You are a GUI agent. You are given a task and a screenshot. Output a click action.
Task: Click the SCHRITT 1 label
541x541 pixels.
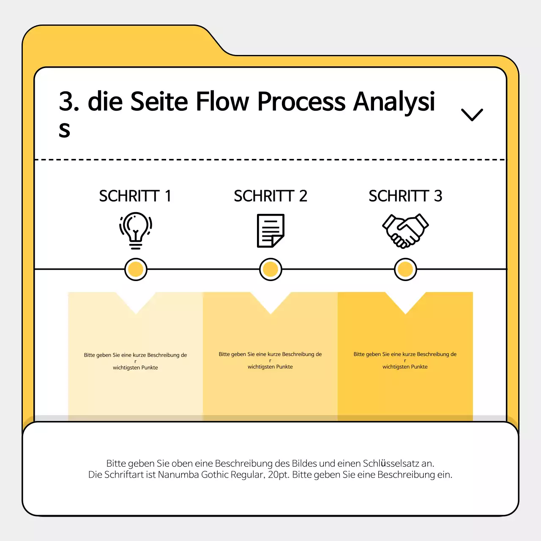(x=135, y=196)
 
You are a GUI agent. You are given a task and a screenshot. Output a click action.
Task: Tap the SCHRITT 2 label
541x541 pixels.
(x=270, y=196)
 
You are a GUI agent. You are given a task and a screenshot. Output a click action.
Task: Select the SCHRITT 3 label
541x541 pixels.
(x=405, y=196)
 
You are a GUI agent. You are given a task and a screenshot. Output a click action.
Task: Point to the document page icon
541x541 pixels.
(x=270, y=230)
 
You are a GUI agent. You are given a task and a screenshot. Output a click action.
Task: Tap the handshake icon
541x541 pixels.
(x=405, y=230)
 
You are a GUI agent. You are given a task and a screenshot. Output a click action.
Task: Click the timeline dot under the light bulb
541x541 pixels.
(x=136, y=269)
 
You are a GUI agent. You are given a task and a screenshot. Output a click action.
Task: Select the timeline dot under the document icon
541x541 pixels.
(x=270, y=269)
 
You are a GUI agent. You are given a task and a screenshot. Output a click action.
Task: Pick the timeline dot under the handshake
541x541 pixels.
(x=405, y=269)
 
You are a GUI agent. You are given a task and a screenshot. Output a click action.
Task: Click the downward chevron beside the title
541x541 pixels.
(x=472, y=115)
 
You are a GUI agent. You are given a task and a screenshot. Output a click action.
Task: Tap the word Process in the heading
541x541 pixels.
(x=301, y=101)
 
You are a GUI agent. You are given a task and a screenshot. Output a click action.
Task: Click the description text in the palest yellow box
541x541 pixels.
(x=135, y=361)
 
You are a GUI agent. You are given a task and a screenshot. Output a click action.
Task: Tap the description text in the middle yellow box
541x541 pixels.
(x=270, y=360)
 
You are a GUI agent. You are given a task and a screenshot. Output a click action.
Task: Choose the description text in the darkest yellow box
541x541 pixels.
(x=405, y=360)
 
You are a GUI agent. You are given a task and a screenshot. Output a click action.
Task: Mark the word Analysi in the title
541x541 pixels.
(x=394, y=101)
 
